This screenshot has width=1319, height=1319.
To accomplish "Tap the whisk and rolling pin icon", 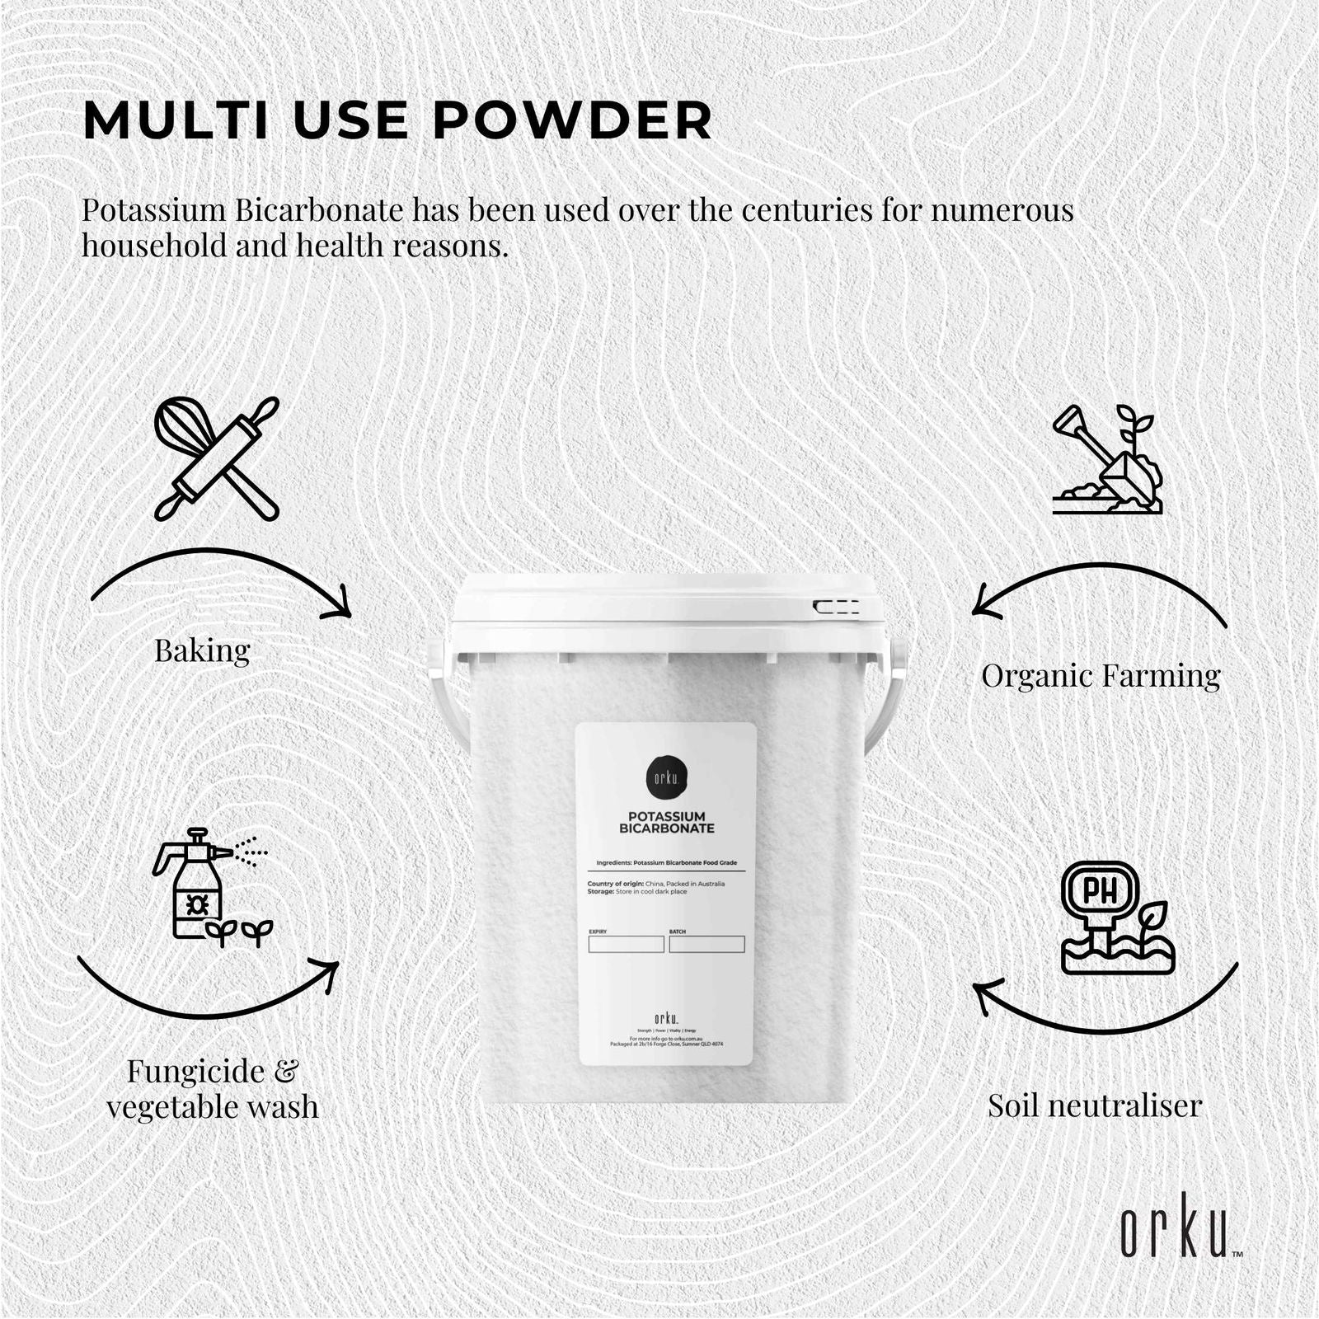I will click(217, 458).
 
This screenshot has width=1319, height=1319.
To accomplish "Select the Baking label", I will click(202, 651).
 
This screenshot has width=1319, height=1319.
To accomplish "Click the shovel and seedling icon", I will click(1106, 459).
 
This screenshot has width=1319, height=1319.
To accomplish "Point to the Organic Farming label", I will click(1101, 676).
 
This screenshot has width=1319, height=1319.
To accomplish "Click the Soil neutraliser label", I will click(1095, 1105).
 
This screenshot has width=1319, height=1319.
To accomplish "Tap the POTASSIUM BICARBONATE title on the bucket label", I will click(666, 822).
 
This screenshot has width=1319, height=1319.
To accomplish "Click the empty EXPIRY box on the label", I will click(626, 945).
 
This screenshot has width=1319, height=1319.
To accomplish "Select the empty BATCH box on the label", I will click(706, 945).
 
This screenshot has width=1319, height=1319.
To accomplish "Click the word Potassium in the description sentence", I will click(153, 211).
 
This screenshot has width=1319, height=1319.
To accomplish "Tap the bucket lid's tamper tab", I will click(836, 608).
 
